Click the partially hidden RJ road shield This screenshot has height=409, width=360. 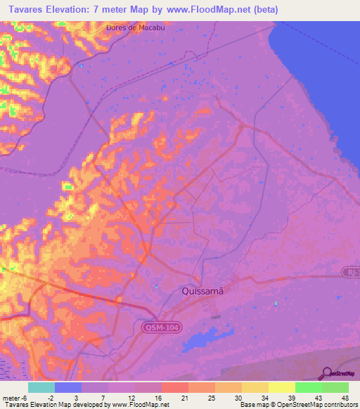352,271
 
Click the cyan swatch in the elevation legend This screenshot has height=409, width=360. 41,387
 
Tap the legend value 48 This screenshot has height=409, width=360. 344,398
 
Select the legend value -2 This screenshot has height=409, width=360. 50,398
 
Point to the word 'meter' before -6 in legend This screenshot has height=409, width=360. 11,398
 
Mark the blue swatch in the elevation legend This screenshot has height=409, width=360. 68,387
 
